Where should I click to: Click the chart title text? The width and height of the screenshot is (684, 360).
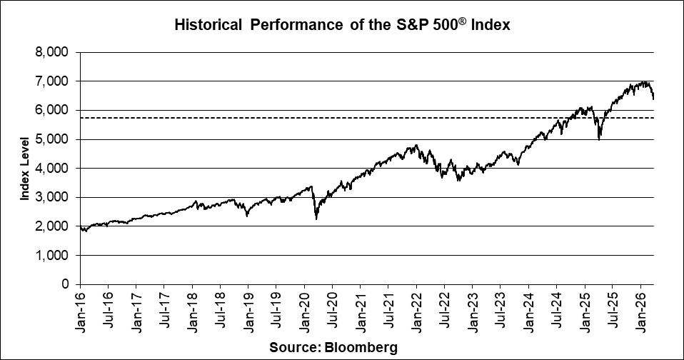pos(341,26)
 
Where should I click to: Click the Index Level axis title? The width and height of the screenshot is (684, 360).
pos(26,168)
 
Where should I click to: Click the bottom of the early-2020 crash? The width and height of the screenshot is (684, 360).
pos(316,219)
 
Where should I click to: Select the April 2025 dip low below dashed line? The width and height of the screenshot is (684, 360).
pos(598,139)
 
